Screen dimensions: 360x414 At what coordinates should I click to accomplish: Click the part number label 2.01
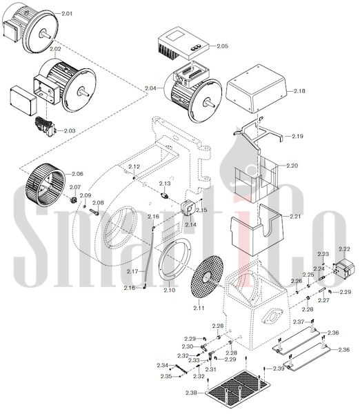click(67, 14)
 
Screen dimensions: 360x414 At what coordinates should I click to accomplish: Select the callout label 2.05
click(223, 46)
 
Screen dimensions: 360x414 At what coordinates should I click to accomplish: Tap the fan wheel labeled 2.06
click(46, 184)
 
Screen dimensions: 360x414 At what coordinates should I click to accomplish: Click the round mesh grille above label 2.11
click(207, 277)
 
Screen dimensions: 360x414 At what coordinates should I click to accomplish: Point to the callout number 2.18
click(299, 91)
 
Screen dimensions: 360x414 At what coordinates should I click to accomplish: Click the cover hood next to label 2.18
click(257, 88)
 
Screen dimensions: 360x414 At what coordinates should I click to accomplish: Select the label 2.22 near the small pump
click(344, 249)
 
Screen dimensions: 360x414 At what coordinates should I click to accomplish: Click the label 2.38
click(191, 393)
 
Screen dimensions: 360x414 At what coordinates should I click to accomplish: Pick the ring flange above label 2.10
click(175, 260)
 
